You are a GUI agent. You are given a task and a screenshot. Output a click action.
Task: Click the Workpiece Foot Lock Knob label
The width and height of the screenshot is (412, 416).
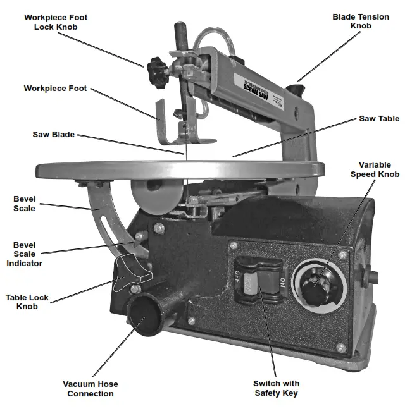[x=56, y=23]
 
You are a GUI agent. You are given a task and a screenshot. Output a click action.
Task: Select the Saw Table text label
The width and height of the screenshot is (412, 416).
[x=379, y=118]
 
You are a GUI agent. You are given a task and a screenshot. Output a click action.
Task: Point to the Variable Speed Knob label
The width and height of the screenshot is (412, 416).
[x=375, y=169]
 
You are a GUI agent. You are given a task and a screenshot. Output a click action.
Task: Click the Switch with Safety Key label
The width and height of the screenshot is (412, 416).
[x=276, y=388]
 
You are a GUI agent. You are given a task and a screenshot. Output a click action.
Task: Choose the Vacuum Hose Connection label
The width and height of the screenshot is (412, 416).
[x=90, y=388]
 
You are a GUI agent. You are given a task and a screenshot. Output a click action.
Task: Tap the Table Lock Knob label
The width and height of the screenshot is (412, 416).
[x=27, y=302]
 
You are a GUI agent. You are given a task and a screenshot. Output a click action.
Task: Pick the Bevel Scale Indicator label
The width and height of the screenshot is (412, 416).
[x=25, y=254]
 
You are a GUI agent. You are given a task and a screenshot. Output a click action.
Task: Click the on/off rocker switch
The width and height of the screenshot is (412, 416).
[x=256, y=282]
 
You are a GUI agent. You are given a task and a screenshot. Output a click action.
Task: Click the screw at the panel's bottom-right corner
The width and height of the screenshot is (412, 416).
[x=341, y=347]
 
